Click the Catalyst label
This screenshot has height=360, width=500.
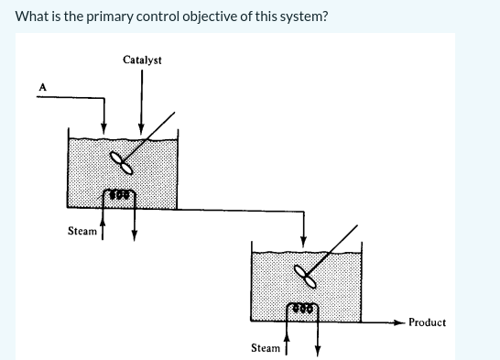[142, 60]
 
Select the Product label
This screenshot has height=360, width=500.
[427, 322]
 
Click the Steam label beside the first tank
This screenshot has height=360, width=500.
[82, 231]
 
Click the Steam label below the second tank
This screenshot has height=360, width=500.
[266, 348]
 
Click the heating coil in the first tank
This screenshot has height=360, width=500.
[119, 194]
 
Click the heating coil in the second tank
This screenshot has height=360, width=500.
[302, 310]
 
